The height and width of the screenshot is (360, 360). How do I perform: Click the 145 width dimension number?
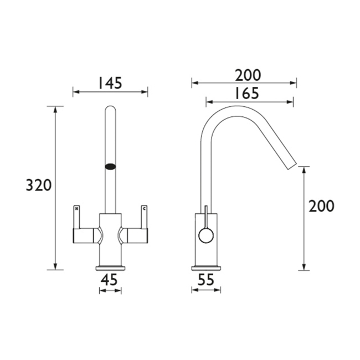click(x=110, y=83)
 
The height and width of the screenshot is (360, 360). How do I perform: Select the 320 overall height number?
click(x=39, y=186)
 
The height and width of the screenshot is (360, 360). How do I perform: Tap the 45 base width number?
click(x=110, y=281)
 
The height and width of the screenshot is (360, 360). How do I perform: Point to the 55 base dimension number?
click(x=205, y=281)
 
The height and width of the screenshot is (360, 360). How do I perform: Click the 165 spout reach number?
click(x=246, y=93)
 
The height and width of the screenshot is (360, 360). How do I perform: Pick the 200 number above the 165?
click(x=246, y=75)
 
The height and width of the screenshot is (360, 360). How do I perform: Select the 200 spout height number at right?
click(x=322, y=207)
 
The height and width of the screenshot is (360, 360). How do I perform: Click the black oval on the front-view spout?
click(x=111, y=165)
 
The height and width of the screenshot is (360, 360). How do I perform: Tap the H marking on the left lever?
click(x=76, y=209)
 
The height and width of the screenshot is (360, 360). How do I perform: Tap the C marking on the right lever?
click(x=145, y=209)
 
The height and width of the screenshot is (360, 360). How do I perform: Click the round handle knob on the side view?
click(x=205, y=236)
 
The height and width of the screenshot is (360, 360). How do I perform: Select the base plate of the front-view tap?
click(x=110, y=269)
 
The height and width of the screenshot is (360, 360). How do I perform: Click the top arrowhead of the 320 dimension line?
click(x=55, y=109)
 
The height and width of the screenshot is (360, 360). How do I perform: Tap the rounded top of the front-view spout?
click(x=110, y=110)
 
